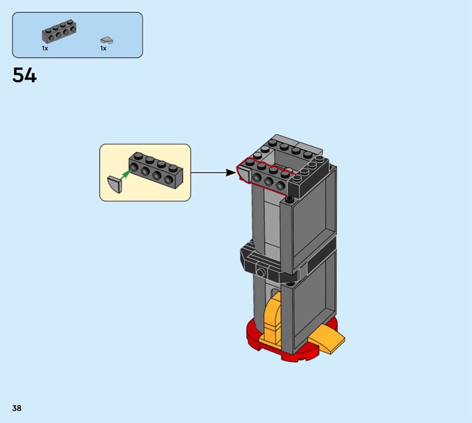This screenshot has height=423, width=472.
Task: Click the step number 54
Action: [x=24, y=75]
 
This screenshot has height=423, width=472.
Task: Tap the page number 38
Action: [x=17, y=408]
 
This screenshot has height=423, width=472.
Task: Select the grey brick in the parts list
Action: [x=59, y=32]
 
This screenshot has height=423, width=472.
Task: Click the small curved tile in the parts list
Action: [x=107, y=40]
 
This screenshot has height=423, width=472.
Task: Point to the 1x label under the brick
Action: [x=45, y=48]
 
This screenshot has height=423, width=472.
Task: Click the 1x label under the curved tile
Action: [x=103, y=48]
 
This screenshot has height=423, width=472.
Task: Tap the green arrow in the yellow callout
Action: [x=126, y=174]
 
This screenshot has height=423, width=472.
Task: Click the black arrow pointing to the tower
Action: [x=214, y=173]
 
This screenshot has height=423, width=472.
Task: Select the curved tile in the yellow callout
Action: [x=114, y=184]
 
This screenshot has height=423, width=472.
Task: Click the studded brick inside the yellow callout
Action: [x=156, y=170]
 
